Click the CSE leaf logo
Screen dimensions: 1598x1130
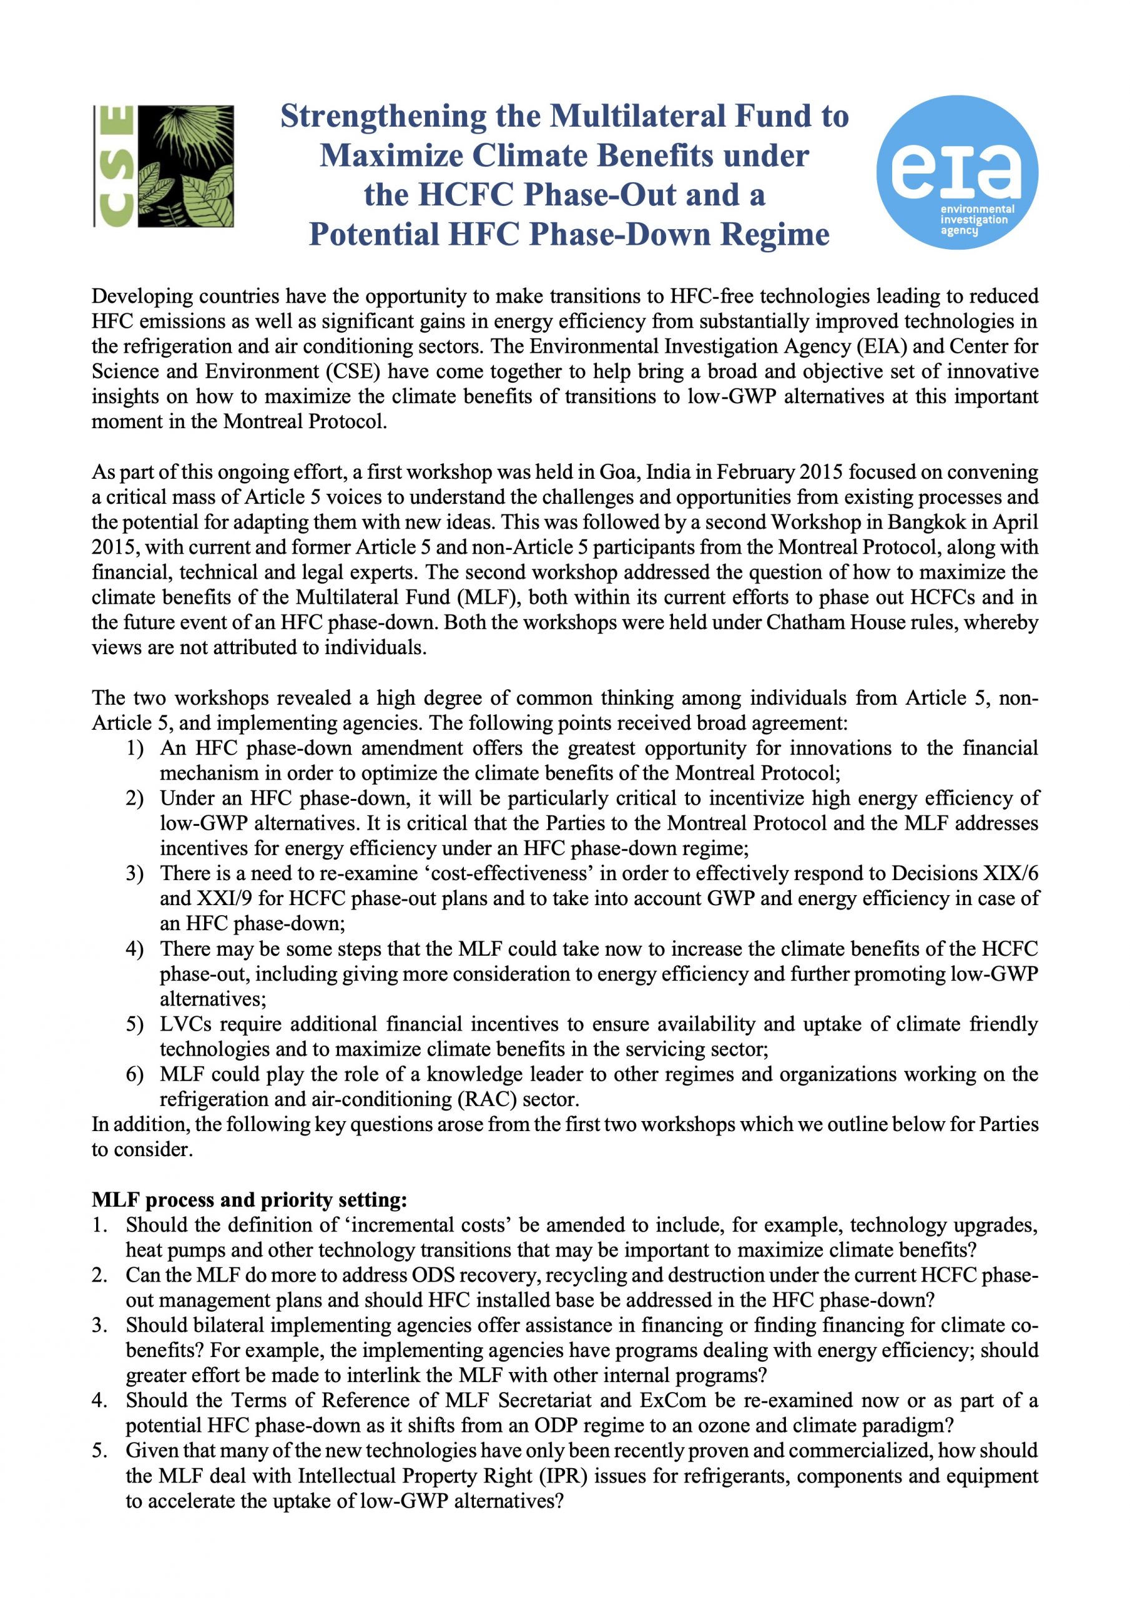(164, 165)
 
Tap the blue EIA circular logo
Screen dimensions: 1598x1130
(956, 172)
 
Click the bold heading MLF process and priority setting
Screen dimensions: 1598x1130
(249, 1200)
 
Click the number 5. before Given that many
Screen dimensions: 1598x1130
(101, 1451)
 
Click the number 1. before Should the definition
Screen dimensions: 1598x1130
(101, 1225)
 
